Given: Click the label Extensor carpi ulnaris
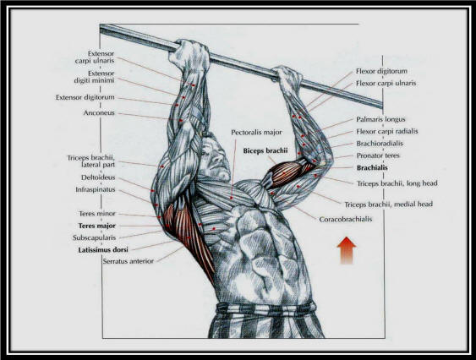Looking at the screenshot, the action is coord(95,57).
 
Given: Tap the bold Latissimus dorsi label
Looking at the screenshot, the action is coord(103,250).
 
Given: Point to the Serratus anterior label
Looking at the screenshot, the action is coord(129,261).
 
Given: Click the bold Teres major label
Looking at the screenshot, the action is coord(97,226).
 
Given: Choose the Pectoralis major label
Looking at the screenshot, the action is coord(256,133).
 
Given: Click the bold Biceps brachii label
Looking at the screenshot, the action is coord(265,150).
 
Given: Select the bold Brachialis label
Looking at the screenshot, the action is coord(372,167).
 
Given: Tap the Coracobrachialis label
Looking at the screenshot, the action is coord(346,219).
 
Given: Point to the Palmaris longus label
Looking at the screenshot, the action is coord(380,119).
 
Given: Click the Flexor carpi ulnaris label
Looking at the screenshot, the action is coord(386,83).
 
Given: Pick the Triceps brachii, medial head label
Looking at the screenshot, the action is coord(389,205).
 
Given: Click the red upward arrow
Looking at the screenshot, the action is coord(347,251).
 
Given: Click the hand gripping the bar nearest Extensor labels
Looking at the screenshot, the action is coord(189,56).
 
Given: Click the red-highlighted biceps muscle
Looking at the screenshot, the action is coord(286,173).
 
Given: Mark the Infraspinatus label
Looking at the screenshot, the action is coord(96,189).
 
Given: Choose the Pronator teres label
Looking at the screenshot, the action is coord(378,155).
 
